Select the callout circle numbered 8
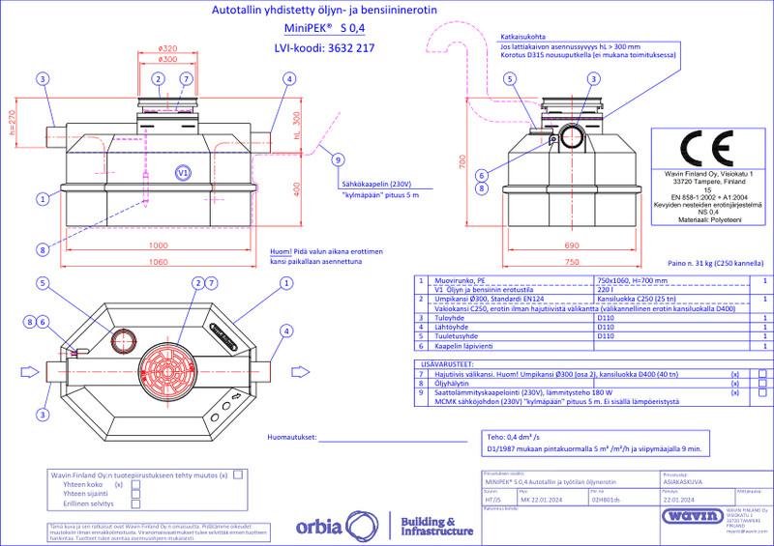(43, 250)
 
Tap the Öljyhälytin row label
(447, 383)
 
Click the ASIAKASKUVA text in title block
(680, 483)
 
